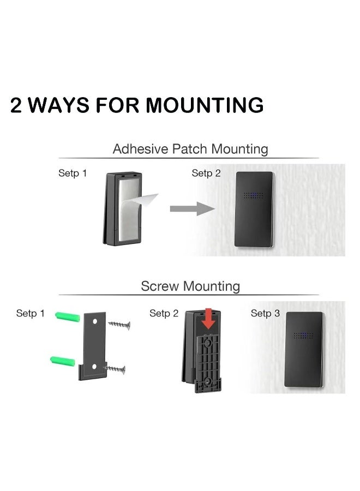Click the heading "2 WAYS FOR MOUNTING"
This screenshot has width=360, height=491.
coord(137,105)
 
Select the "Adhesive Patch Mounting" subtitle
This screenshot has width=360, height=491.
coord(190,148)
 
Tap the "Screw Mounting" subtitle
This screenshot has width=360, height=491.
coord(190,285)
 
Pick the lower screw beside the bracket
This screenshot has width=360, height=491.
coord(115,369)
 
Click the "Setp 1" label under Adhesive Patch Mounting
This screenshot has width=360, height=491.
coord(73,173)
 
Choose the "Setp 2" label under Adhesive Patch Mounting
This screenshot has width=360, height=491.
coord(206,173)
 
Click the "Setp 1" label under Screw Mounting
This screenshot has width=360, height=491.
coord(31,313)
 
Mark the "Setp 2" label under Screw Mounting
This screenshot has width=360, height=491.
coord(164,313)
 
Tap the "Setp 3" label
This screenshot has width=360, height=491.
coord(265,313)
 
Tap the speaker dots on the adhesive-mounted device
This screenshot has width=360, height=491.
coord(254,195)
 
